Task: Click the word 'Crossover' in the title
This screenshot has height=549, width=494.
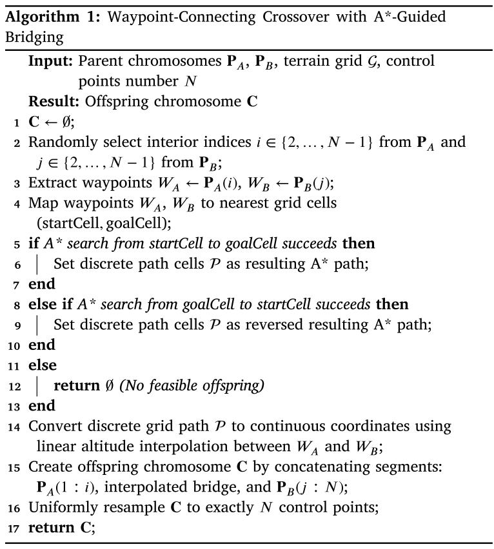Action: [269, 16]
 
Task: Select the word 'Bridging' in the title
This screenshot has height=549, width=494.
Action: [34, 37]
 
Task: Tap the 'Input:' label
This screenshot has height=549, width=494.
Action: [51, 62]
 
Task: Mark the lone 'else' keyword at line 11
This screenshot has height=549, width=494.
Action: [42, 365]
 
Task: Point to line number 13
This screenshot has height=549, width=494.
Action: [14, 405]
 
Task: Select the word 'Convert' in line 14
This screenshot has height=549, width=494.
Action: [52, 426]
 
